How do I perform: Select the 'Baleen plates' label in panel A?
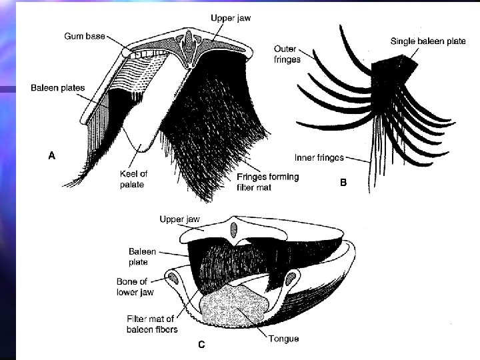[58, 88]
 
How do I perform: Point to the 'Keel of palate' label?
[135, 179]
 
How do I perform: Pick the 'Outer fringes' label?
[287, 53]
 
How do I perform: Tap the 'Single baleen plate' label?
[428, 41]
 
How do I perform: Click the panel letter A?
[51, 155]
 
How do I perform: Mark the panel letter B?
[343, 181]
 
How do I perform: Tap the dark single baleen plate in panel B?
[393, 70]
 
